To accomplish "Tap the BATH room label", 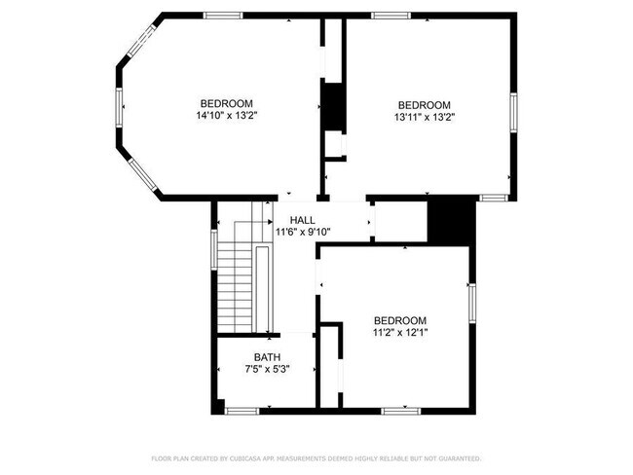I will coord(267,357).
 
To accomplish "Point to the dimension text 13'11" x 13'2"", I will coord(424,117).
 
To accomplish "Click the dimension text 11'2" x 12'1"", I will coord(400,333).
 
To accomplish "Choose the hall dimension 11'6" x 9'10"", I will coord(303,232).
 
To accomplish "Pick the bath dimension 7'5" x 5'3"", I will coord(267,369).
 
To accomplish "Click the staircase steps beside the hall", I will coord(235,287).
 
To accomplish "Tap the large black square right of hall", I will coord(450,220).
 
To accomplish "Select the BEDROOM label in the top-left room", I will coord(227,104).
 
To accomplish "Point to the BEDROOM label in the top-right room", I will coord(424,105).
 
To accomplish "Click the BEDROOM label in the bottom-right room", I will coord(400,321).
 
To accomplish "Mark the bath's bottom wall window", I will coord(242,411).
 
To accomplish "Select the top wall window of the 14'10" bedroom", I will coord(223,15).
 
